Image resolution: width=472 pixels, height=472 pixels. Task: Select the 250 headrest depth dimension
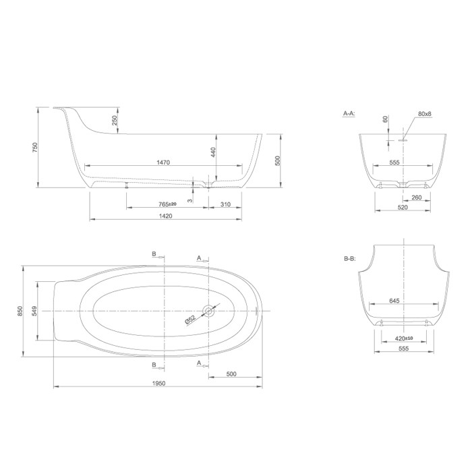coord(115,120)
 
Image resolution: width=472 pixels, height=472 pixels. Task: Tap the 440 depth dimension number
coord(213,153)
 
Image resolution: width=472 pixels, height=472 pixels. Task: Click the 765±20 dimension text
coord(167,204)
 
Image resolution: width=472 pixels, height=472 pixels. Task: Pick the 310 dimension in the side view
coord(225,204)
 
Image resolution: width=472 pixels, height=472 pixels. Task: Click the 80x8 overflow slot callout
coord(424,114)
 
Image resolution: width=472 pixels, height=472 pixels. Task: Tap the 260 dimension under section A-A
coord(417,198)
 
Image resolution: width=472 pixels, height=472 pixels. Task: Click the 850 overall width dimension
coord(21,310)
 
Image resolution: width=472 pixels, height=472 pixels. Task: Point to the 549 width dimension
coord(34,310)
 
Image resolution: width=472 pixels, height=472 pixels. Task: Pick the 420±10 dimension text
coord(404,338)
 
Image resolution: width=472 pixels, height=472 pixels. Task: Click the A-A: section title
coord(349,115)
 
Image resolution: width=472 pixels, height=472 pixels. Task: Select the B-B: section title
coord(349,258)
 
